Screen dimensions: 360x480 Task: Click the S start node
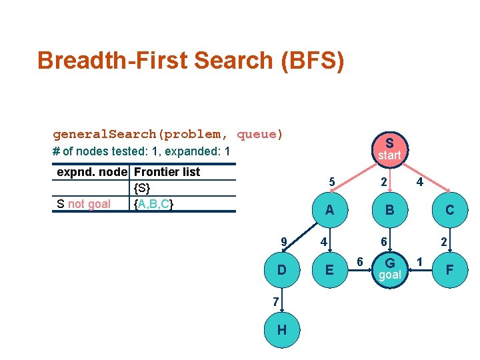389,148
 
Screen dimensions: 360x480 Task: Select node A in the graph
329,209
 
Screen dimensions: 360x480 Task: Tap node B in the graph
389,209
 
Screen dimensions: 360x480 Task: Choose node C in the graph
449,209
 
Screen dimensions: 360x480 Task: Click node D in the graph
282,269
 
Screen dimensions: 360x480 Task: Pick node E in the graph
329,269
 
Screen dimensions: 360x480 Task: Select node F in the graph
449,269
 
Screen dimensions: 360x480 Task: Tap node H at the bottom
282,330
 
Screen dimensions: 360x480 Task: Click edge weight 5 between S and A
331,181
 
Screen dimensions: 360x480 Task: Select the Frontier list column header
167,171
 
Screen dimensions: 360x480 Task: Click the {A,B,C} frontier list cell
154,203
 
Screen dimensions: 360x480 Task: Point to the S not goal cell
84,203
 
